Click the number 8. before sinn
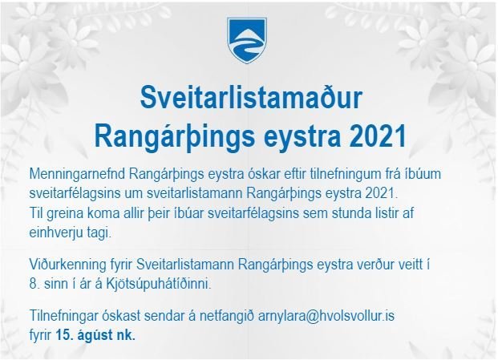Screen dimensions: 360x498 click(x=32, y=284)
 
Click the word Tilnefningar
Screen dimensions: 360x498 click(x=65, y=317)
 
